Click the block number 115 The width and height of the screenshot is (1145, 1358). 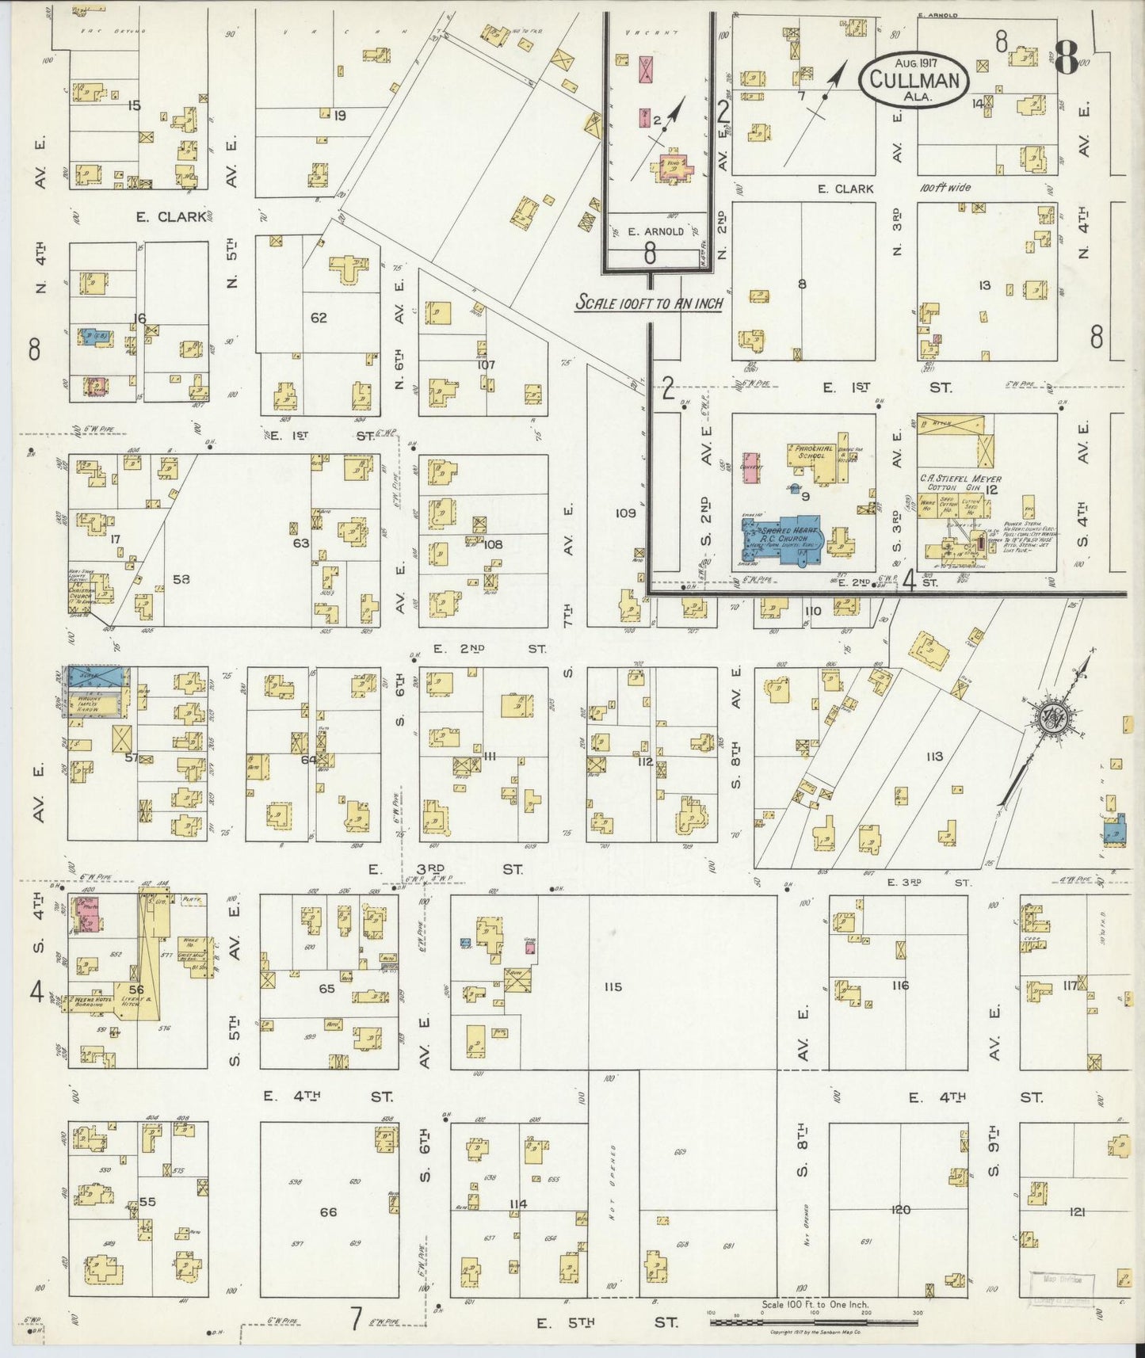coord(612,986)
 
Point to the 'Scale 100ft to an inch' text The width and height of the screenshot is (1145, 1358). coord(649,303)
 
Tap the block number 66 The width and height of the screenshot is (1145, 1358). coord(328,1212)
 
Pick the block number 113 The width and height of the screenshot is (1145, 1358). coord(934,757)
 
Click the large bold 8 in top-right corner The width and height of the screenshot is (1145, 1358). coord(1067,55)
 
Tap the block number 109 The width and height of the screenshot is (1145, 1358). coord(625,513)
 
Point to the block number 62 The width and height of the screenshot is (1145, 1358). coord(319,318)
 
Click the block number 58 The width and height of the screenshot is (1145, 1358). coord(181,578)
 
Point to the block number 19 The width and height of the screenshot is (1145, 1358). coord(339,116)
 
